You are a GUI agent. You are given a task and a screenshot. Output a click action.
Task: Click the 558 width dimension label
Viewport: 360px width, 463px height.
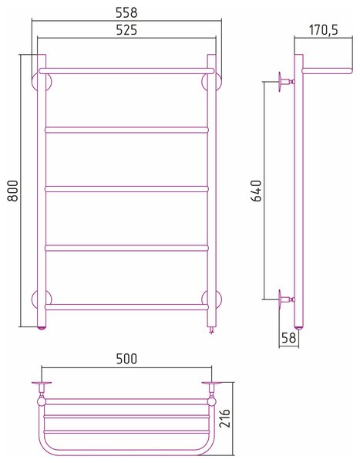(126, 12)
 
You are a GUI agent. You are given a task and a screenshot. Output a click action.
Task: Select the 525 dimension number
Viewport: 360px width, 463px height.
(126, 30)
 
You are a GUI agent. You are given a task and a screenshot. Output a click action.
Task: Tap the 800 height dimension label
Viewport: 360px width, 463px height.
(13, 191)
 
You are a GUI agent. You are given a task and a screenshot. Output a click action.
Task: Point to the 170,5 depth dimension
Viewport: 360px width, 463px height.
(324, 30)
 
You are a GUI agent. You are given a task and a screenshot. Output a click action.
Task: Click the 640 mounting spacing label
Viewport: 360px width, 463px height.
(256, 191)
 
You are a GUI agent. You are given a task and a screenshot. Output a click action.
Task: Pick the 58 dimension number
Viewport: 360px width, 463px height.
(288, 338)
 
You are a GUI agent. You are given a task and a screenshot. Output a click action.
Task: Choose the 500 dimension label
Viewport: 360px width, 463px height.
(126, 359)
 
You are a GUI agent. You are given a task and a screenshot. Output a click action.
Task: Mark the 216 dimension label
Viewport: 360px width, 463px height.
(224, 418)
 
